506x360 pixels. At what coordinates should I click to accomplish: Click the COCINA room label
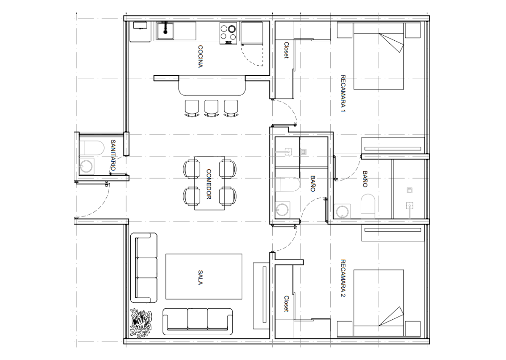pos(201,57)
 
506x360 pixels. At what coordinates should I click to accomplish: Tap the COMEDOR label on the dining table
pos(209,184)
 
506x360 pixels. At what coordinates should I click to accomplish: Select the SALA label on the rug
pos(201,277)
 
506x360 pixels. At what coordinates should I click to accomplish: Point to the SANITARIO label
pos(113,155)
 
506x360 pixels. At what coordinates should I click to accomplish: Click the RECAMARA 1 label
pos(343,93)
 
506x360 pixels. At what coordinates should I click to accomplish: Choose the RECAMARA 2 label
pos(343,278)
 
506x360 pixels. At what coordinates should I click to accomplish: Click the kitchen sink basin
pos(165,30)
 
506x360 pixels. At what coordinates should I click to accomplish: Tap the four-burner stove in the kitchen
pos(229,33)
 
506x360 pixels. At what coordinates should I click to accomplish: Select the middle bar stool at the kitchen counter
pos(211,108)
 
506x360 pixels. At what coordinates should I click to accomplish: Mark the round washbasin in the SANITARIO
pos(87,166)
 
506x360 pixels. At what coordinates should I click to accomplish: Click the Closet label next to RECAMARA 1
pos(286,50)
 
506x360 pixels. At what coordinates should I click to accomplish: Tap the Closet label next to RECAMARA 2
pos(286,303)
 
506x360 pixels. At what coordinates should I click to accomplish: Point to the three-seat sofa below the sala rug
pos(198,321)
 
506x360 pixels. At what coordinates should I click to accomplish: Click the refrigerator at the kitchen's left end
pos(140,31)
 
